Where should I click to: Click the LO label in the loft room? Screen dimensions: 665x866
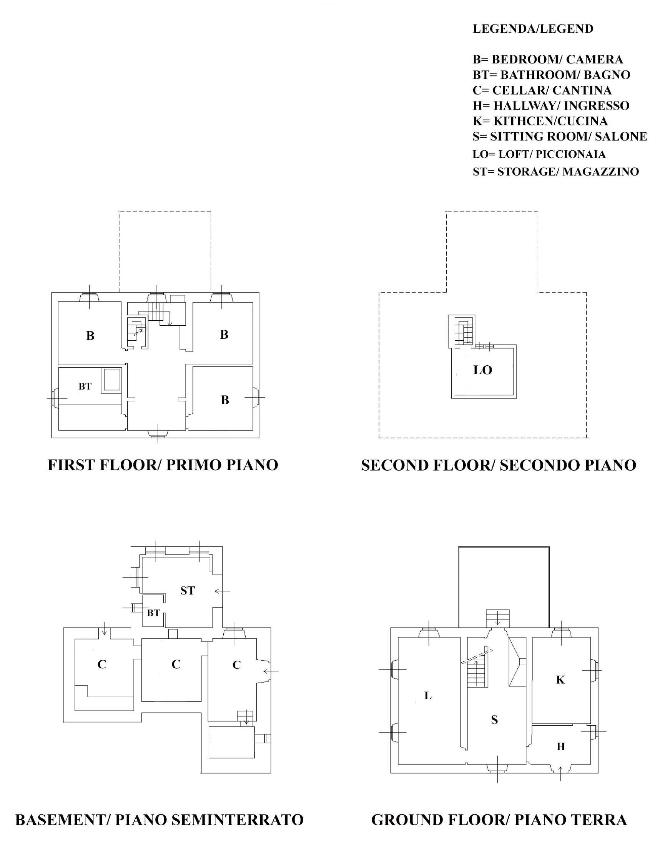482,370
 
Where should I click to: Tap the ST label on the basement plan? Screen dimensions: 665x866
188,590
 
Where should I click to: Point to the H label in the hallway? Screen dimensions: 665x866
560,746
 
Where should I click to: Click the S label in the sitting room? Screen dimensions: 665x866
494,719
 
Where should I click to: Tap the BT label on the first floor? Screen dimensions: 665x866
85,386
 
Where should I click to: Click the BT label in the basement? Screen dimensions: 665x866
153,613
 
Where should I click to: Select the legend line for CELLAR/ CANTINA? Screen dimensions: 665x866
542,90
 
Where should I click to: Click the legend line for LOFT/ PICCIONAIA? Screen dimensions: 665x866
539,154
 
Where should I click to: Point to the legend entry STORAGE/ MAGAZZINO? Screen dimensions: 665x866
556,172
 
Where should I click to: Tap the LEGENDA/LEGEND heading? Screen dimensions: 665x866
533,28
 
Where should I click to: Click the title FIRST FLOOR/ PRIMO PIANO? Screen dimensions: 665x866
163,465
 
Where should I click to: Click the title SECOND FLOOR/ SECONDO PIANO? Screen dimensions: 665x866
498,465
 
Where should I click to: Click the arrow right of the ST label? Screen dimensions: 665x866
222,591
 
